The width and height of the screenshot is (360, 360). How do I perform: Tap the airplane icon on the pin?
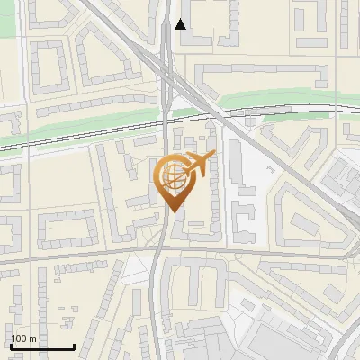click(199, 163)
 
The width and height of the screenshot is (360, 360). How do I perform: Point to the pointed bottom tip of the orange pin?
click(172, 211)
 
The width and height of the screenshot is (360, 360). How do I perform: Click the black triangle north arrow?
click(181, 24)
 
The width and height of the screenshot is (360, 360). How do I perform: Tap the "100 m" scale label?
click(24, 338)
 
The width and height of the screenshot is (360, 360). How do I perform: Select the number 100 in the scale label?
click(20, 338)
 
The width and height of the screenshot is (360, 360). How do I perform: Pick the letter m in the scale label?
click(33, 338)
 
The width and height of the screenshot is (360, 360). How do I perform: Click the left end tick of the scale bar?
click(10, 345)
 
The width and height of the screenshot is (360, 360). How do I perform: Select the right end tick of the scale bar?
click(74, 345)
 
